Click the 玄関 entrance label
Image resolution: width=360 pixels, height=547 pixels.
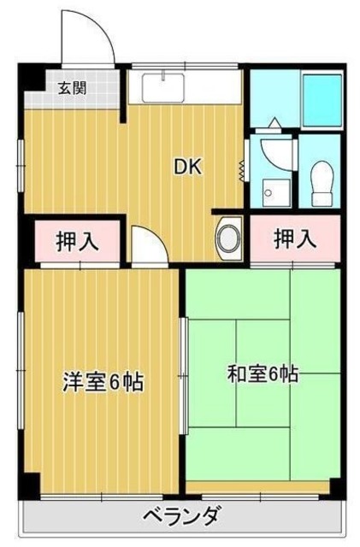click(71, 86)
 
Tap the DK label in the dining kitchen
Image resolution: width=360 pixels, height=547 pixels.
click(188, 168)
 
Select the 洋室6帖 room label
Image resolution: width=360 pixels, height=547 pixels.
click(102, 381)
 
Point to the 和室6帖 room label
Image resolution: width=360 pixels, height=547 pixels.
click(262, 374)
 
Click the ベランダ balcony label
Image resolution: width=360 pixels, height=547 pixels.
click(180, 516)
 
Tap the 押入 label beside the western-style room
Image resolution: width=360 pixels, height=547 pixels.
click(77, 241)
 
